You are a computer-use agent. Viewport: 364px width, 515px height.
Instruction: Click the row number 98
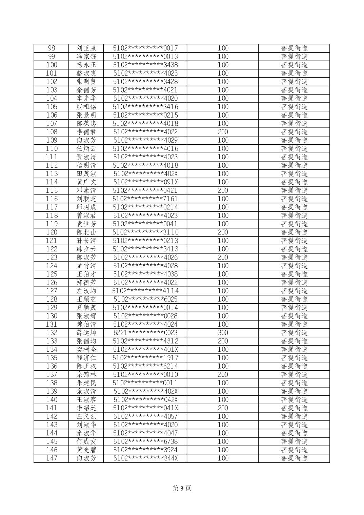[52, 48]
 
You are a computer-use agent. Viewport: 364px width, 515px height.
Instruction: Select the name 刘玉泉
[86, 48]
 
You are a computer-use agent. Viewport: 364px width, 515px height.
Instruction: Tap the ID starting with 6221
[145, 333]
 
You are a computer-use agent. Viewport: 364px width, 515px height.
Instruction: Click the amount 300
[223, 333]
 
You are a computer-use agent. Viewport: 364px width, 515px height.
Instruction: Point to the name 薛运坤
[86, 333]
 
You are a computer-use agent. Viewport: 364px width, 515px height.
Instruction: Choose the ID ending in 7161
[145, 199]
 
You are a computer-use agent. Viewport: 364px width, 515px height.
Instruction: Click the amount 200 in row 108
[223, 132]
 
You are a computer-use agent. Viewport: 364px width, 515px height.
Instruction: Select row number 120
[52, 232]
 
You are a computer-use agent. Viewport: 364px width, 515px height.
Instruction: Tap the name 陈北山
[86, 232]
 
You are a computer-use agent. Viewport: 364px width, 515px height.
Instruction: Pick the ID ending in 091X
[145, 182]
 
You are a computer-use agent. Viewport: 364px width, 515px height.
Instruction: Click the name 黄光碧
[86, 450]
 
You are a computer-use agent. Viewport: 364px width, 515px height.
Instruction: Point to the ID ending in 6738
[145, 441]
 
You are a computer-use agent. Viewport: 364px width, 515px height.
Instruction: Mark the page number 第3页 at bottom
[182, 488]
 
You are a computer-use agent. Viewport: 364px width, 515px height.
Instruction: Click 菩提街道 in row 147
[294, 458]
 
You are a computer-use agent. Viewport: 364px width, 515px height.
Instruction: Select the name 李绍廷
[86, 408]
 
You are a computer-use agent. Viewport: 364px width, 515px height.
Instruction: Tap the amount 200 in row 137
[223, 374]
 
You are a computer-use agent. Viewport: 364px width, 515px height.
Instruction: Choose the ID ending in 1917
[145, 358]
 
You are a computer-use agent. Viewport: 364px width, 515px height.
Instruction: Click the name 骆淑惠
[86, 73]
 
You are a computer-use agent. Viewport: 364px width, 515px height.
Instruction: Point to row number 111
[52, 157]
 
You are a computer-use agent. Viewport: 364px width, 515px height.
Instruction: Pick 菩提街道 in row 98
[294, 48]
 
